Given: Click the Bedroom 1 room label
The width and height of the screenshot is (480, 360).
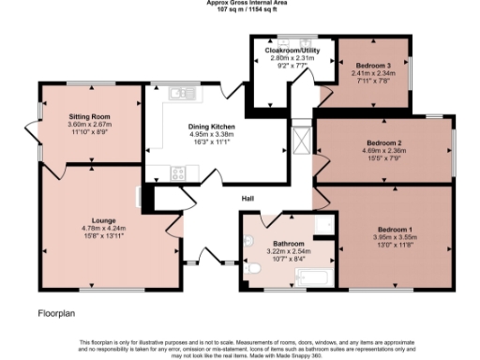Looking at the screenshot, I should (x=395, y=230).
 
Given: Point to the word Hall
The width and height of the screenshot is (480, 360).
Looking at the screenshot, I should (x=247, y=199).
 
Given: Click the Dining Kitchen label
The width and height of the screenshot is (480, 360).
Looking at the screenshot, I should (x=211, y=127).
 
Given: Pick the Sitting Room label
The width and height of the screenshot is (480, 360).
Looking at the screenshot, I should (x=89, y=116).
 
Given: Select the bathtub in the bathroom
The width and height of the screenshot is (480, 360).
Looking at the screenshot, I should (x=313, y=276).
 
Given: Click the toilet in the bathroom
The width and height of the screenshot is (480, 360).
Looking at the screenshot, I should (x=254, y=268).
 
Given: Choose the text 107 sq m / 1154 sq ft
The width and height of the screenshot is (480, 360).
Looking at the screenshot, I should (x=241, y=10).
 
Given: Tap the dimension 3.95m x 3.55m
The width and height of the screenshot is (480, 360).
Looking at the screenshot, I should (x=395, y=237).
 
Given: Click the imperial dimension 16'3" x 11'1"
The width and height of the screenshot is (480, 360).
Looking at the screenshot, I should (x=211, y=142).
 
